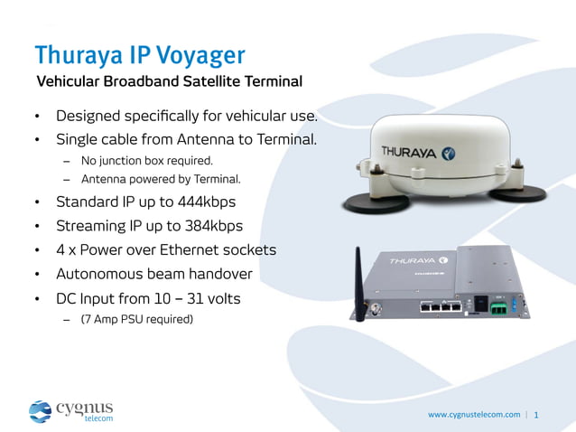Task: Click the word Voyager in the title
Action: point(200,55)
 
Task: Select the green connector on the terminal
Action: point(498,307)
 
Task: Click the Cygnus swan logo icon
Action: point(41,411)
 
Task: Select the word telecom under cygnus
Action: point(98,418)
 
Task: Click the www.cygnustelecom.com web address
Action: point(474,415)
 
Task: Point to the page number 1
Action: point(537,416)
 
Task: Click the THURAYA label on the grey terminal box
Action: point(412,261)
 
